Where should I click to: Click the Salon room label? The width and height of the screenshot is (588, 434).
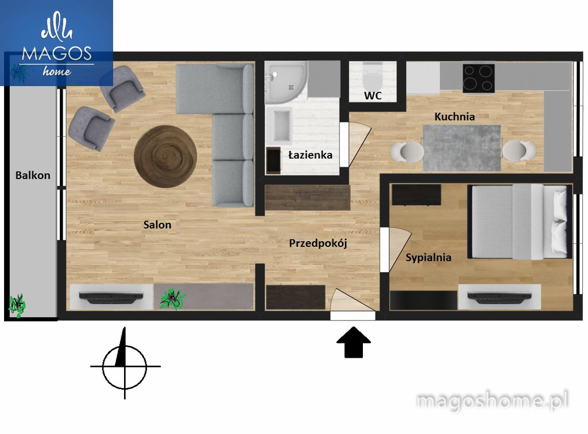[157, 225]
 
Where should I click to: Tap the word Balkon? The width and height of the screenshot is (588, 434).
[33, 176]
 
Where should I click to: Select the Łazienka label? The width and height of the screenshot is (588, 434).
[310, 155]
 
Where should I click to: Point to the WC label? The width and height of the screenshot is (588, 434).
[373, 95]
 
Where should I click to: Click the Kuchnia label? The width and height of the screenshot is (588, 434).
[455, 117]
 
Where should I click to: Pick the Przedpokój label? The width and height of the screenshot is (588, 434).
[318, 243]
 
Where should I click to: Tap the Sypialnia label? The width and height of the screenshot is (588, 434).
[428, 258]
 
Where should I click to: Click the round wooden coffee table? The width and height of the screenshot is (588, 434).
[165, 156]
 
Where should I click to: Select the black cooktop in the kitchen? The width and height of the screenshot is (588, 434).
[478, 79]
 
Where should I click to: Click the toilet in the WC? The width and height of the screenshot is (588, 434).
[373, 76]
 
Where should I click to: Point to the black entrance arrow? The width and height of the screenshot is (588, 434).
[354, 342]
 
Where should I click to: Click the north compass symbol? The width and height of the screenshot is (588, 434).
[125, 366]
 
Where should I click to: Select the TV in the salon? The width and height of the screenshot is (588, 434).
[111, 296]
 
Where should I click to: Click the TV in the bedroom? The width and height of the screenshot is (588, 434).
[500, 296]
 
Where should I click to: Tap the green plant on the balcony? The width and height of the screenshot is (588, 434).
[17, 305]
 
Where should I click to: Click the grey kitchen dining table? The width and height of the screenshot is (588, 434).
[462, 148]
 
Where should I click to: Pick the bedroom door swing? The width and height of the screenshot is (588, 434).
[400, 249]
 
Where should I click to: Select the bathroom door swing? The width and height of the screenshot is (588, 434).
[359, 144]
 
